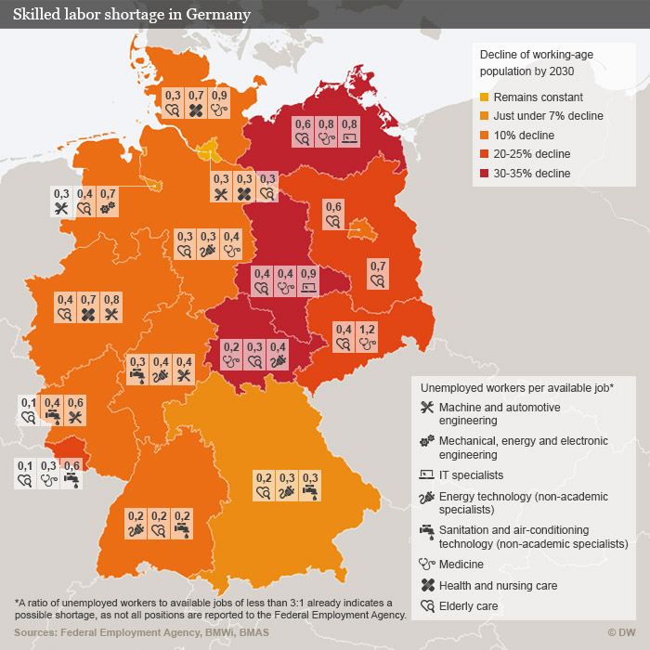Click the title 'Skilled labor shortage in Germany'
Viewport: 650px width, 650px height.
pos(131,15)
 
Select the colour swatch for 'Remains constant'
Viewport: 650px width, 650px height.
pos(484,97)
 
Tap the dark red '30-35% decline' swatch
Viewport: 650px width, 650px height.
pos(484,173)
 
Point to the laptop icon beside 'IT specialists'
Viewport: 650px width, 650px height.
pos(427,474)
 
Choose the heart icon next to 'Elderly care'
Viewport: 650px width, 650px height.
pos(427,606)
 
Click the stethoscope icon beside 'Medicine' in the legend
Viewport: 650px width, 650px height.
pos(427,565)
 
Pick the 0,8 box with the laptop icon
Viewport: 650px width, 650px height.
pos(349,131)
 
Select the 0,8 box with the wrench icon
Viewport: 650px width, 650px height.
pos(111,307)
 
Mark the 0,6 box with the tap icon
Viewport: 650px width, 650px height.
pos(71,473)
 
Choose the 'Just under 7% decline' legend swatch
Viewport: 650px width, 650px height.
pos(484,116)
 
